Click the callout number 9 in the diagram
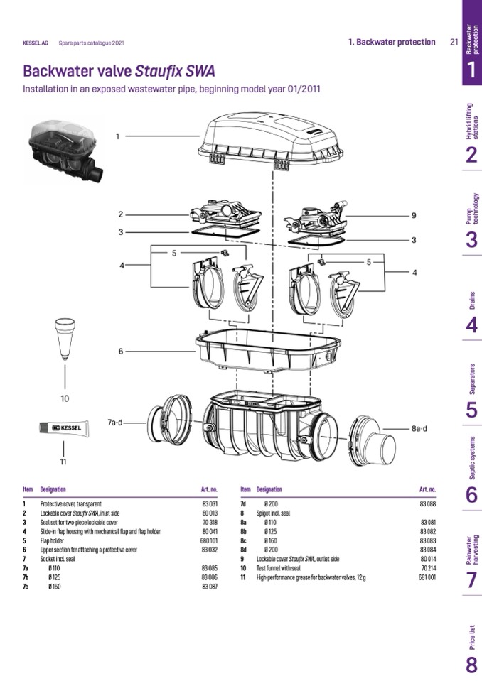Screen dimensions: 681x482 coord(412,215)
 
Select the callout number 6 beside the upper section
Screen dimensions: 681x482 coord(121,351)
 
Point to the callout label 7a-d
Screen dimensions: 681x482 coord(115,423)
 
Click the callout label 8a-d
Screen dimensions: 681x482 coord(424,429)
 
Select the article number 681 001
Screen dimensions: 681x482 coord(427,577)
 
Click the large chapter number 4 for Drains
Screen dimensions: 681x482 coord(471,325)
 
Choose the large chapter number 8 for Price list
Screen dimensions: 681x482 coord(471,666)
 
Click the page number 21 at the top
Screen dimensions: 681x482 coord(454,42)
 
